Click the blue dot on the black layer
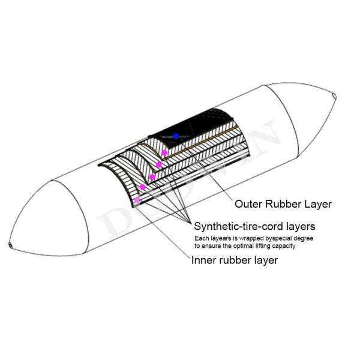click(x=175, y=136)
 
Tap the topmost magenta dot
click(x=164, y=153)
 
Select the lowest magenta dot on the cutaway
click(x=137, y=200)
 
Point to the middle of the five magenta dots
click(x=152, y=176)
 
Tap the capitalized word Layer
click(x=319, y=204)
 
